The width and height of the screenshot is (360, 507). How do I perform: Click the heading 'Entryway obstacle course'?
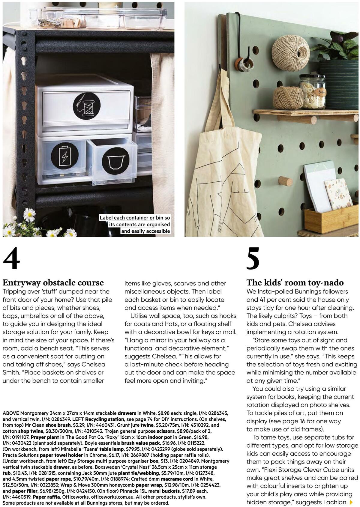53,282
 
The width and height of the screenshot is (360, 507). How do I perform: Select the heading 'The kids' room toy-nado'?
295,282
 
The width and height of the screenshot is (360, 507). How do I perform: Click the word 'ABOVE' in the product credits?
11,413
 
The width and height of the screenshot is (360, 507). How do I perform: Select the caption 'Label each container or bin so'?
135,218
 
